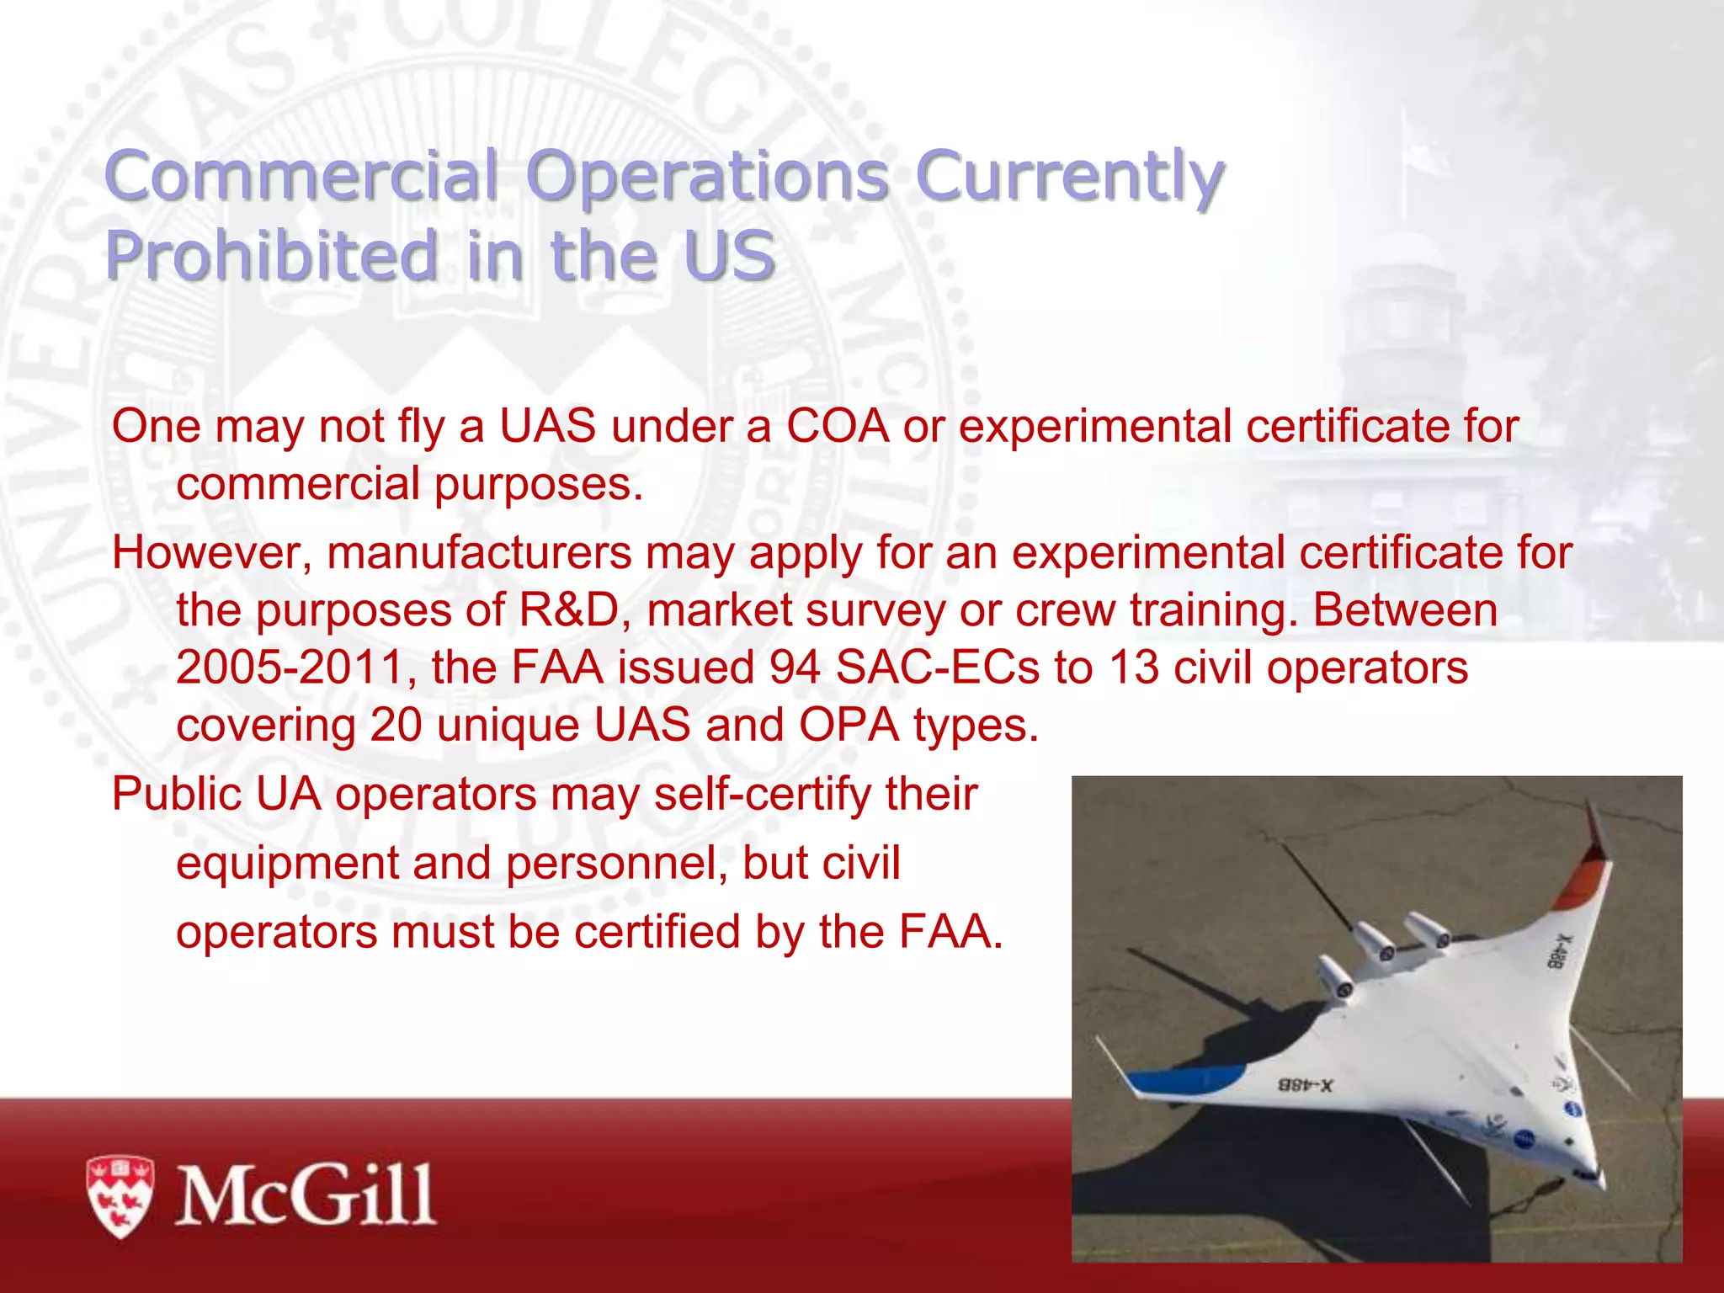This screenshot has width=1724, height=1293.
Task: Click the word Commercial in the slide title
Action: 301,176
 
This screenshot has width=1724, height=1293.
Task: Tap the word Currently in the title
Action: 1069,176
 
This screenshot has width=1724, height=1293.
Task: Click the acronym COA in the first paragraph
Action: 838,426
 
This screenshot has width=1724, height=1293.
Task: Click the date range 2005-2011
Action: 291,668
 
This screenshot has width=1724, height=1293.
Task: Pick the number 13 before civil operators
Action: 1133,668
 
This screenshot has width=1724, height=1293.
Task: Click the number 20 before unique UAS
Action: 396,725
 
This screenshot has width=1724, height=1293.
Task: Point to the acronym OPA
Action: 849,725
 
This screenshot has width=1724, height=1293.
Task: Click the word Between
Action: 1405,610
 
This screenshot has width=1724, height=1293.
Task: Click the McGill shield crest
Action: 120,1196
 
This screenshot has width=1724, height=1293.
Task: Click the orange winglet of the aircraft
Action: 1583,884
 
